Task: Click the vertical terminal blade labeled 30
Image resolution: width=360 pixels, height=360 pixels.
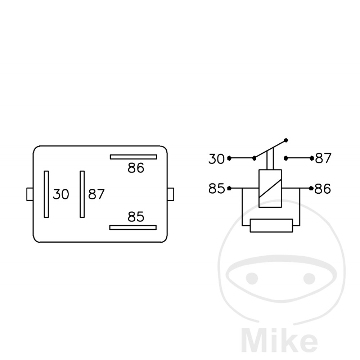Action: click(46, 194)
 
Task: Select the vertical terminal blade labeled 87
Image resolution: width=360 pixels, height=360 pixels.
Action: click(82, 194)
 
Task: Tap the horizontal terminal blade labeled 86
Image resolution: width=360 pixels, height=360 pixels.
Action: click(134, 157)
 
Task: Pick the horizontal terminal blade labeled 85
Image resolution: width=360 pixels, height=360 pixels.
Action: click(133, 227)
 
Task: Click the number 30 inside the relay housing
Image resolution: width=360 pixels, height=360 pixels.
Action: click(61, 194)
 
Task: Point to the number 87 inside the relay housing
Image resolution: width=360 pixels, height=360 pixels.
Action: click(96, 194)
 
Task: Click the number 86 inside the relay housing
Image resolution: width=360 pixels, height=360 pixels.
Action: click(136, 168)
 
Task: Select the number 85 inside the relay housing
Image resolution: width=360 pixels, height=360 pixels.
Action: click(136, 217)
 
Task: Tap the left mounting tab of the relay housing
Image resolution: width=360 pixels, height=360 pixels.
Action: click(30, 194)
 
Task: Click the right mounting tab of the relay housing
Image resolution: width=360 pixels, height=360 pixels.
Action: click(171, 194)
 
